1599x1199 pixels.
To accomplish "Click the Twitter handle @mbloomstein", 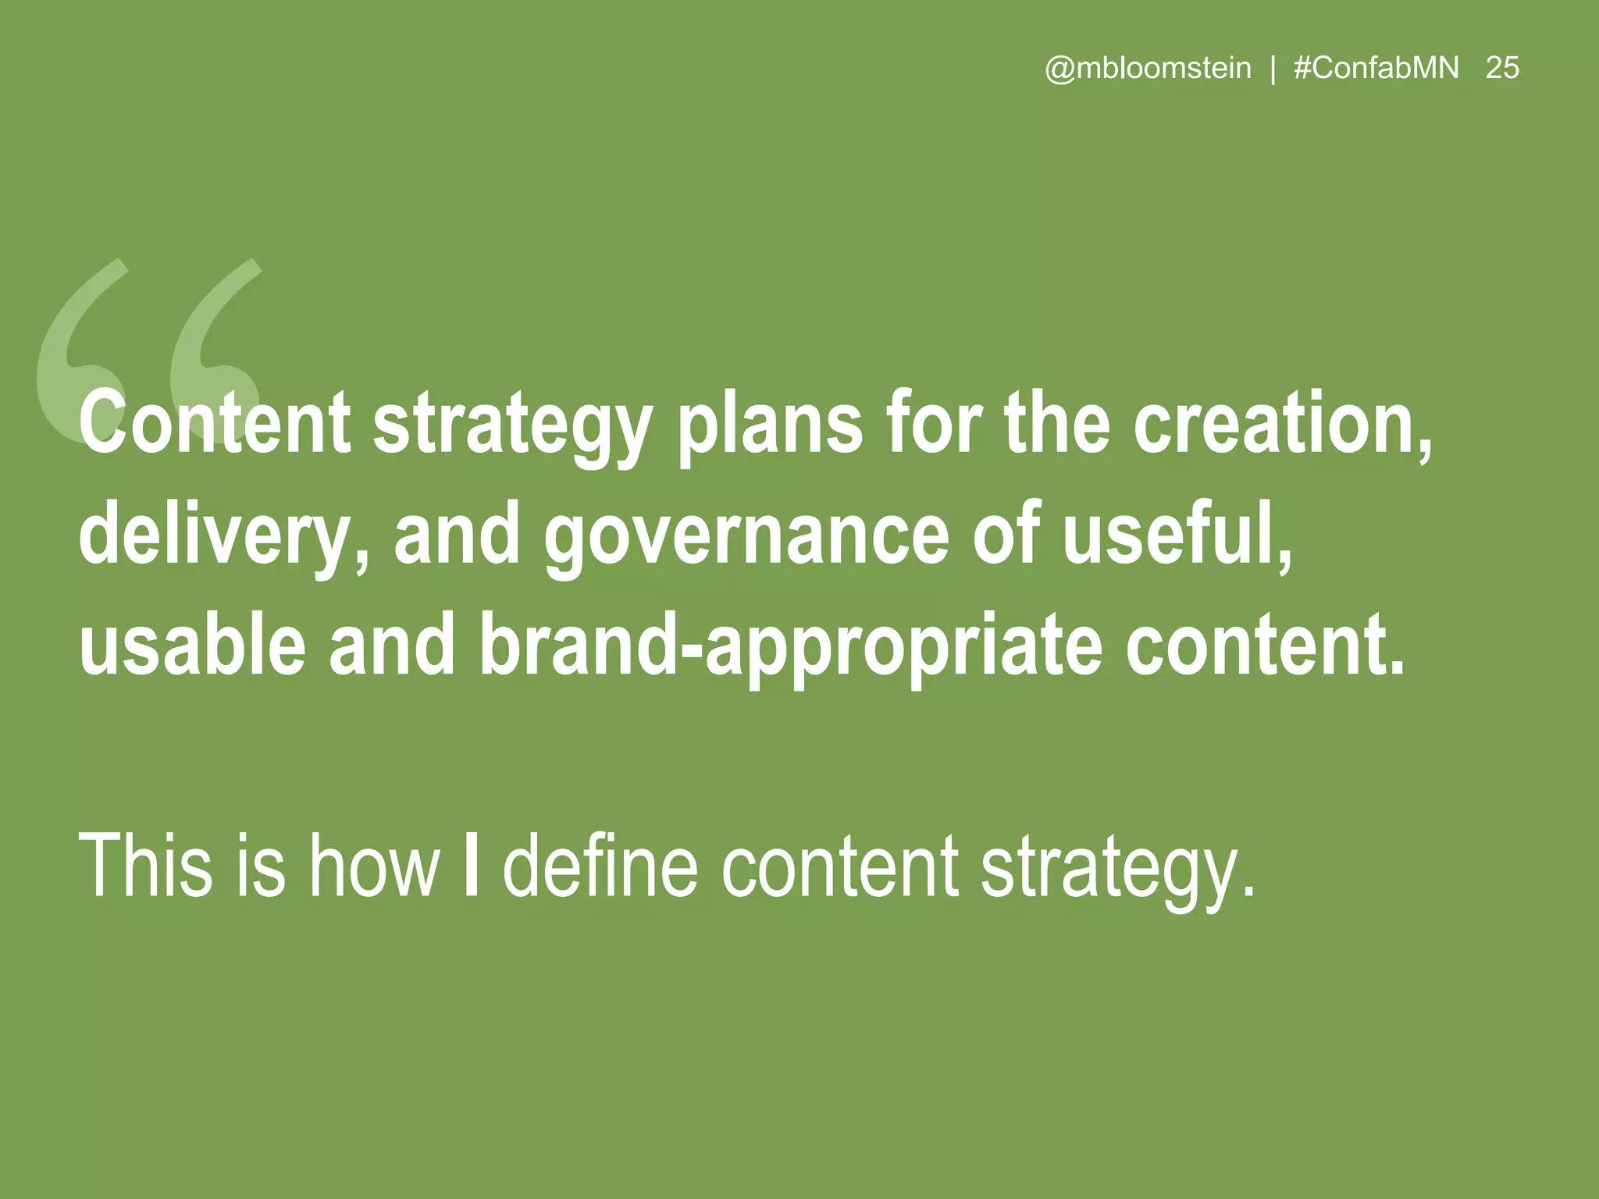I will click(x=1148, y=69).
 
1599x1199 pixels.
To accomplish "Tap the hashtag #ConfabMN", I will click(x=1376, y=69).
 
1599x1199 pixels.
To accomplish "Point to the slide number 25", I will click(x=1502, y=69).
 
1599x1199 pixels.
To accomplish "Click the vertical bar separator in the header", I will click(x=1273, y=69).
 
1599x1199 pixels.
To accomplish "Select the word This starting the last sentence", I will click(x=145, y=866).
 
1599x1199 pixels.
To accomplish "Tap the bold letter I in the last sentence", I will click(x=471, y=866).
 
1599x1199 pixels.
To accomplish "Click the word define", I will click(x=600, y=866).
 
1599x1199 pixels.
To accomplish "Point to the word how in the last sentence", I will click(x=374, y=866).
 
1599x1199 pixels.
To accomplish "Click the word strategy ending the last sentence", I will click(x=1116, y=870).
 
